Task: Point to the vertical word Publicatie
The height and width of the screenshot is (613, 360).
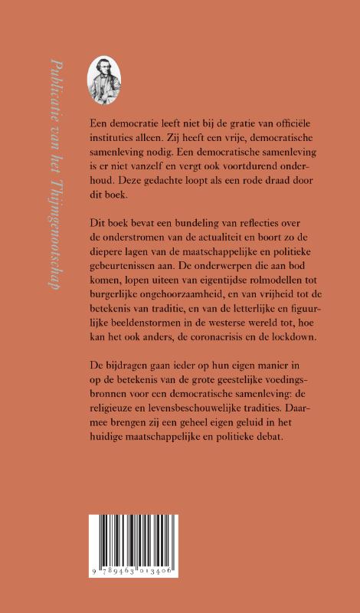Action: (x=54, y=85)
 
